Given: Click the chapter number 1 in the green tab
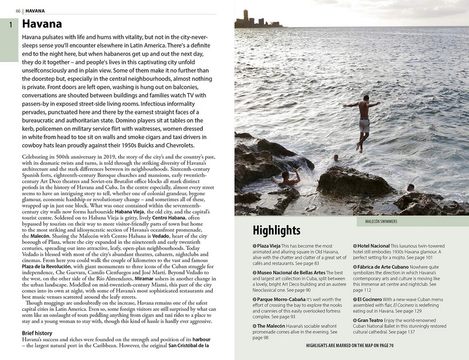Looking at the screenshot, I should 10,25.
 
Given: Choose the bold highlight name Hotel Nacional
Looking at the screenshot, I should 376,246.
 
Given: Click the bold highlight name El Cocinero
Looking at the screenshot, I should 372,299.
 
